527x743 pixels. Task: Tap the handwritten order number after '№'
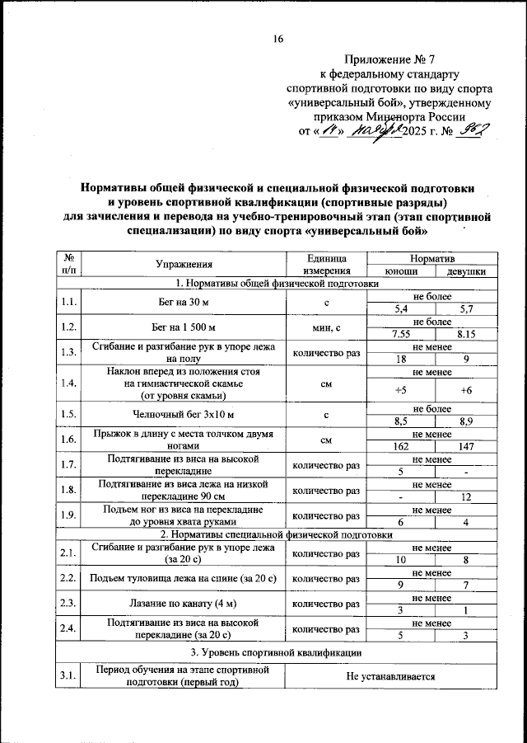pyautogui.click(x=477, y=129)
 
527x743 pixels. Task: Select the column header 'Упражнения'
pyautogui.click(x=184, y=264)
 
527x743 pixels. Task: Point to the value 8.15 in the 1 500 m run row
pyautogui.click(x=465, y=334)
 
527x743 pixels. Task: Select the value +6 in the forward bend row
pyautogui.click(x=465, y=391)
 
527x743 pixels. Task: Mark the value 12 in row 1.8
pyautogui.click(x=465, y=497)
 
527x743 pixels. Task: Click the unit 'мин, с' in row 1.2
pyautogui.click(x=326, y=328)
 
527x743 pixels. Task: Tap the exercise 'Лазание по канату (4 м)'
pyautogui.click(x=184, y=604)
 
